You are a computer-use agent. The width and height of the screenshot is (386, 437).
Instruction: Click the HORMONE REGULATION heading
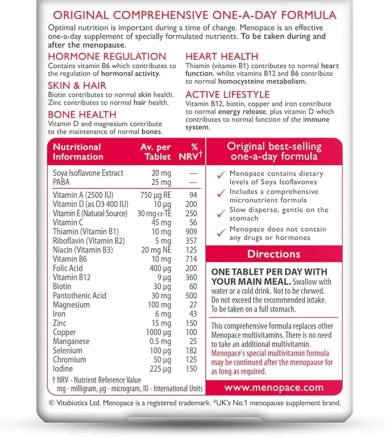click(107, 56)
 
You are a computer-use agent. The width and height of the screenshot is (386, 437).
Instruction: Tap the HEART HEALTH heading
click(222, 56)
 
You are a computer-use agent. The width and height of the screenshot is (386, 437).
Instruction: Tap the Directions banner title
click(274, 253)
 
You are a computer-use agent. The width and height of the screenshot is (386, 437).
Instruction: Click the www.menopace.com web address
click(274, 388)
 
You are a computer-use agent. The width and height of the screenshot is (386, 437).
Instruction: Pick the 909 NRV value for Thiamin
click(189, 232)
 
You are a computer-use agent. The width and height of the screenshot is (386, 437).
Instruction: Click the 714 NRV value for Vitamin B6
click(189, 259)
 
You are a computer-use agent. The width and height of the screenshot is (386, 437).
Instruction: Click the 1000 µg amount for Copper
click(155, 332)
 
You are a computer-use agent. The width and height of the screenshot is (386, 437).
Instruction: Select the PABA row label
click(63, 182)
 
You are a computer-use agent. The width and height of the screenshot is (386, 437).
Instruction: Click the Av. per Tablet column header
click(155, 152)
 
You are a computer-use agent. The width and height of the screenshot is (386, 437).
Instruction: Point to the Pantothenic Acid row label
click(79, 296)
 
